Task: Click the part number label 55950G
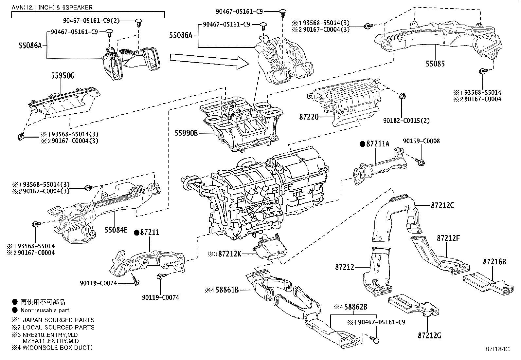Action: point(63,76)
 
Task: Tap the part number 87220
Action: point(309,116)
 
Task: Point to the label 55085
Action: point(435,64)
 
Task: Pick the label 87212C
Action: point(442,205)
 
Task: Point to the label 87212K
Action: point(230,254)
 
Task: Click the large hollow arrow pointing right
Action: point(208,62)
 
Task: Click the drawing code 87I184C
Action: point(498,349)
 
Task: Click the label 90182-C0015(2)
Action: point(406,120)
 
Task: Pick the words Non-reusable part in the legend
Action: point(45,310)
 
